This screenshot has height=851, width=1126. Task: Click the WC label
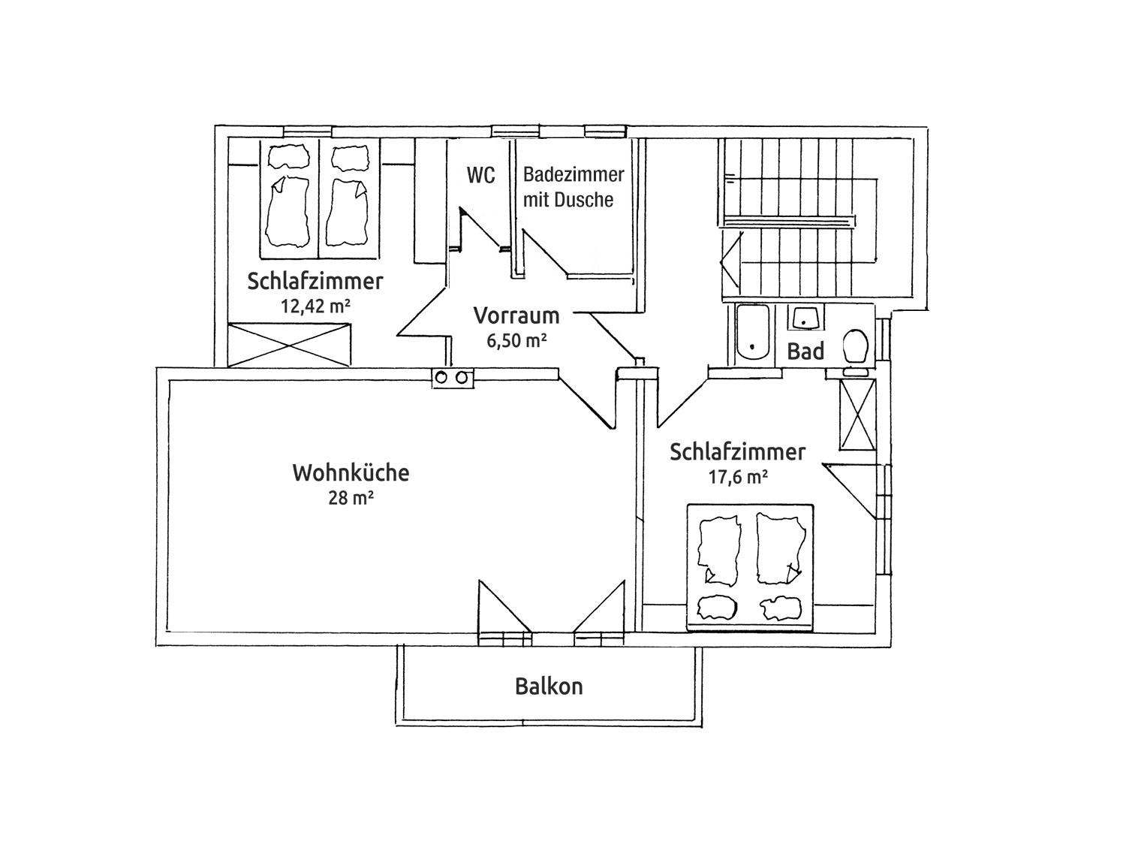(x=480, y=176)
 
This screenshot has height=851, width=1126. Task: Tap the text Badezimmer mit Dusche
(x=573, y=187)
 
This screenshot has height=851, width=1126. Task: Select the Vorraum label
(x=516, y=315)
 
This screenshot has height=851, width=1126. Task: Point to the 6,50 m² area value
(x=516, y=340)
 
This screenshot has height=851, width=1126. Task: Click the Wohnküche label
(x=351, y=473)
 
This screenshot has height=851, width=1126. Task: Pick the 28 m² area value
(x=351, y=497)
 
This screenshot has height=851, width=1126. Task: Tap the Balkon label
(x=549, y=686)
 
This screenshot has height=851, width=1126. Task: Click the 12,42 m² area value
(x=315, y=306)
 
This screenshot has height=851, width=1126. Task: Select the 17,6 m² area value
(x=738, y=476)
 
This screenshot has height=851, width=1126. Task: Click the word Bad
(x=805, y=351)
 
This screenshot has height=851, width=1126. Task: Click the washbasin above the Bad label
(x=804, y=318)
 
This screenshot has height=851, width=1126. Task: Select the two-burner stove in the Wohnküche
(x=453, y=378)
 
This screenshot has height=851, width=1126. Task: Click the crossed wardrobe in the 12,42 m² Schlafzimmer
(x=289, y=345)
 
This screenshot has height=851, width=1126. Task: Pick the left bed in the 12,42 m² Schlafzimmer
(x=289, y=196)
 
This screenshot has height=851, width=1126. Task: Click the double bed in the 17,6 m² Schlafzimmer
(x=750, y=567)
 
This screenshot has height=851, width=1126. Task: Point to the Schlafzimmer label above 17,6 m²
(x=738, y=452)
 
